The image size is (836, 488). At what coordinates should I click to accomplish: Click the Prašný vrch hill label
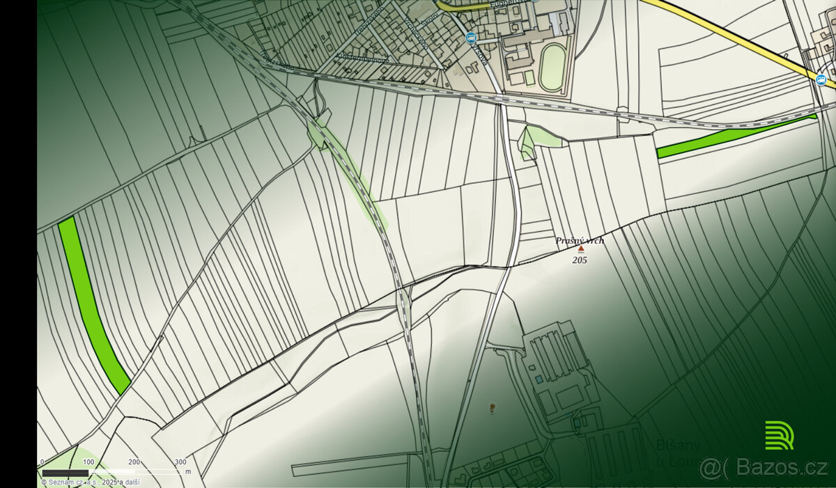click(580, 241)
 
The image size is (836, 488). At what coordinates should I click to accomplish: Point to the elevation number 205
click(580, 260)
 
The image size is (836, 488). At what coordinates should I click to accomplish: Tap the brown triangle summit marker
click(581, 249)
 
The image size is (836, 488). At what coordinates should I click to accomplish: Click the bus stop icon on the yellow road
click(821, 79)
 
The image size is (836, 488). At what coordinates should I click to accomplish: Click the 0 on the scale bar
click(42, 462)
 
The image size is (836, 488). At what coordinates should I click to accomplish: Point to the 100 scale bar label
click(88, 462)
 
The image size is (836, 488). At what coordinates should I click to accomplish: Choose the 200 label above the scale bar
click(134, 462)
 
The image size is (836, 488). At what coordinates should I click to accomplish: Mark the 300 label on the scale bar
click(180, 462)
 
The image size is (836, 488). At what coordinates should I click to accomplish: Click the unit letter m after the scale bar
click(188, 472)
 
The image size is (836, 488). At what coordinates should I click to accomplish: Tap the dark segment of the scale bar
click(65, 473)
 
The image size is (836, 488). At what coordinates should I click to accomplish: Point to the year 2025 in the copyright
click(109, 481)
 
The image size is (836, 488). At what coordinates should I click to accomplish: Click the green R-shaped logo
click(779, 435)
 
